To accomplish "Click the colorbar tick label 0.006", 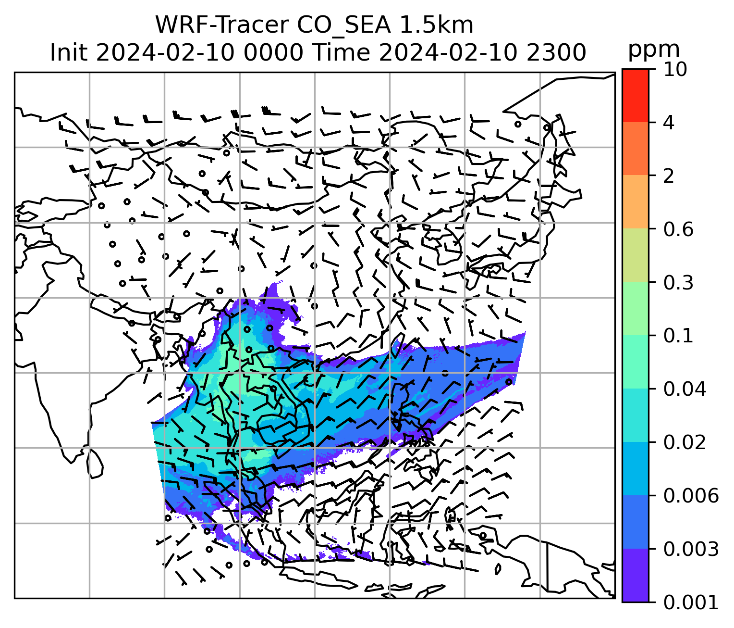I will tap(691, 496).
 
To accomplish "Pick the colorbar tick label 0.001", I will tap(691, 602).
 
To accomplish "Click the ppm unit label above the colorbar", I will tap(654, 50).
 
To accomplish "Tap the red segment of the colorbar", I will tap(635, 95).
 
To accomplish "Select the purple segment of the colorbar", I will tap(635, 575).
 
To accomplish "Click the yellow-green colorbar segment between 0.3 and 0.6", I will tap(635, 255).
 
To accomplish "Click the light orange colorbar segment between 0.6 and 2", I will tap(635, 202).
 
